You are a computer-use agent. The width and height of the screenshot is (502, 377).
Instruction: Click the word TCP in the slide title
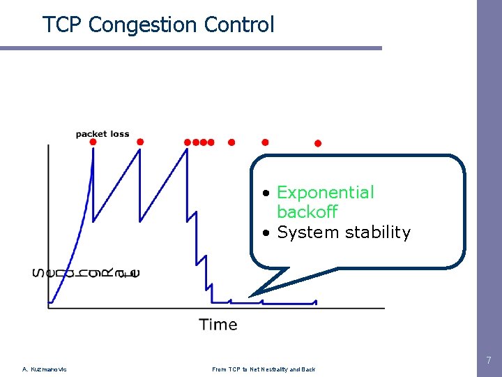pos(63,25)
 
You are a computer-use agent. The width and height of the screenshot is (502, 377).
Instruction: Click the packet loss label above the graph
pos(102,134)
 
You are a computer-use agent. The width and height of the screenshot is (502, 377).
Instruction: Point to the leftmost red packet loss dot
pos(93,142)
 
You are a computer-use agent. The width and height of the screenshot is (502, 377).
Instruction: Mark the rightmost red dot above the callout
pos(317,143)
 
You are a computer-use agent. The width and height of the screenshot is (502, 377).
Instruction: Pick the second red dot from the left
pos(139,142)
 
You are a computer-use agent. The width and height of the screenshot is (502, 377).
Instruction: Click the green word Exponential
pos(325,192)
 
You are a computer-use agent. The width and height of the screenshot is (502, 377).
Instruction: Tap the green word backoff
pos(307,212)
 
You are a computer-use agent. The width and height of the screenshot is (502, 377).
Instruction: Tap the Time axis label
pos(218,325)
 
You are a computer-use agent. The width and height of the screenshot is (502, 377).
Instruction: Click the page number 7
pos(488,361)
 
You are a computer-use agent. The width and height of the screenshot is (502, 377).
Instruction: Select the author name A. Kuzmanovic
pos(45,369)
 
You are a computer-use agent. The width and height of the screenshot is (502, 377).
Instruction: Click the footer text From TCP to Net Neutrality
pos(264,369)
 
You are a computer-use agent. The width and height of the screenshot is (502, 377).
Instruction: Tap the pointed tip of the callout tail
pos(251,295)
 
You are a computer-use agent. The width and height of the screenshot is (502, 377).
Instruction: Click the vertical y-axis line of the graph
pos(48,223)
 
